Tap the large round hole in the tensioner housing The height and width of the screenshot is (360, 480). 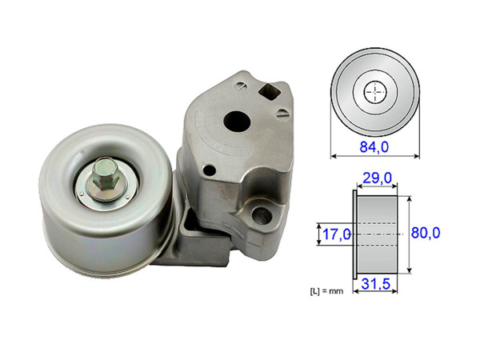pyautogui.click(x=238, y=121)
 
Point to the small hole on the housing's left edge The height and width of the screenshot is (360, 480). pyautogui.click(x=210, y=169)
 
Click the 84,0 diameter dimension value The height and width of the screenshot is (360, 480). pyautogui.click(x=373, y=146)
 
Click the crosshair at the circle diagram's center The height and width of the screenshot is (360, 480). pyautogui.click(x=374, y=93)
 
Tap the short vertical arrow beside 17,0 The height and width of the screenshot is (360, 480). pyautogui.click(x=319, y=234)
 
